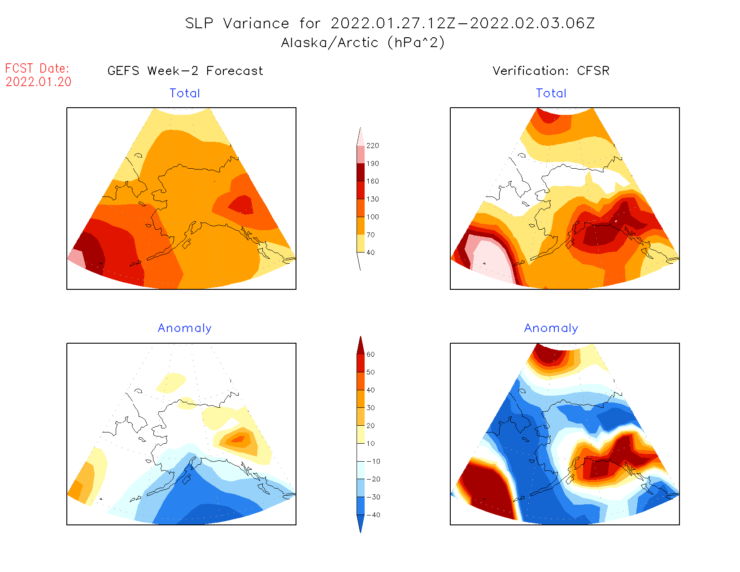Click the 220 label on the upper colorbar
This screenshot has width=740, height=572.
coord(372,146)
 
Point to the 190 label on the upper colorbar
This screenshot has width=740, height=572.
coord(372,164)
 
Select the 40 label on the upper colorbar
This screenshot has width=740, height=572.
coord(370,253)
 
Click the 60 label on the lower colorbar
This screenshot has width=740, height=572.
coord(370,354)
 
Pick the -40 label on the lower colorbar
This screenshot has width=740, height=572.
coord(373,515)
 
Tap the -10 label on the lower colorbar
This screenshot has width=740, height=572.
coord(373,461)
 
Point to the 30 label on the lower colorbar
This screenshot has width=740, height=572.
coord(370,408)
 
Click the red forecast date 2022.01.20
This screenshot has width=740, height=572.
coord(39,82)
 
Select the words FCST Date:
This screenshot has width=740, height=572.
coord(37,69)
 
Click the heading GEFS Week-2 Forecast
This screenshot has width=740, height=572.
coord(185,71)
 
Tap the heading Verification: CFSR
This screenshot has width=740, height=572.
coord(551,71)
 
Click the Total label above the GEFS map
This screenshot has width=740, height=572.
coord(185,93)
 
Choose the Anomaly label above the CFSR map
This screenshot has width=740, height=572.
coord(551,328)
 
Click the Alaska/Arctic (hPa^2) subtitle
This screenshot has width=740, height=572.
coord(363,43)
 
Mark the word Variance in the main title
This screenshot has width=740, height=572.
coord(256,23)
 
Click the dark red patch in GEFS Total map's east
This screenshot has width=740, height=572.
coord(242,205)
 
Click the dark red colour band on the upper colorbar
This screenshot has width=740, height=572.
coord(361,172)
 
